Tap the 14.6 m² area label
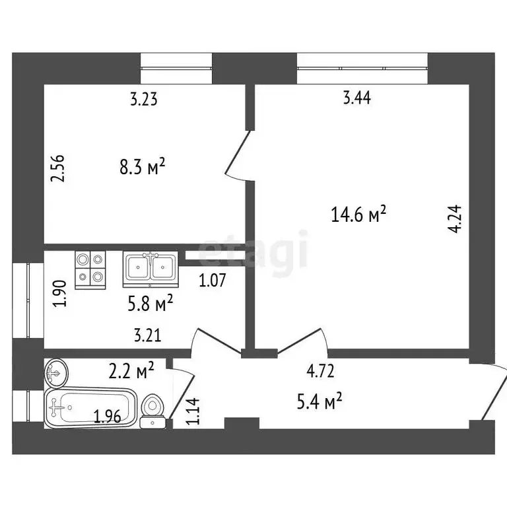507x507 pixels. click(x=358, y=214)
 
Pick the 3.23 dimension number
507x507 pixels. click(x=143, y=100)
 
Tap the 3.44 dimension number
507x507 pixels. click(x=357, y=99)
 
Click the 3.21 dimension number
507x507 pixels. click(x=147, y=335)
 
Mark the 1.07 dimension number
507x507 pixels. click(x=213, y=280)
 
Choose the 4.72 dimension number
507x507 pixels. click(x=320, y=372)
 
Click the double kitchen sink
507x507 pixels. click(x=150, y=269)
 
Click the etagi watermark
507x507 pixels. click(x=253, y=250)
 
